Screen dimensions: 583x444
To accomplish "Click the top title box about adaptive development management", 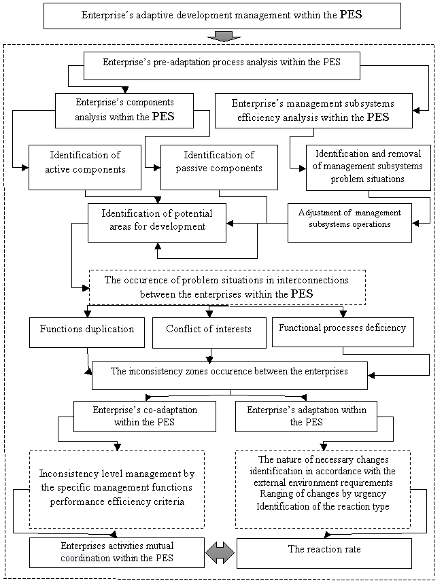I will coord(222,14).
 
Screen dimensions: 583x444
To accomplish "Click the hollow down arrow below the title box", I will coord(222,36).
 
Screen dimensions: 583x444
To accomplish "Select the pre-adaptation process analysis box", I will coord(221,65).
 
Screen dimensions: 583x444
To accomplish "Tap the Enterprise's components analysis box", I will coord(124,110).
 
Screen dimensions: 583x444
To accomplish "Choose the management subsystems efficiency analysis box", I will coord(313,110).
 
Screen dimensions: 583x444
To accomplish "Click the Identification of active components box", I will coord(85,166).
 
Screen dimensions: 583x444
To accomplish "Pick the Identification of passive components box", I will coord(219,166).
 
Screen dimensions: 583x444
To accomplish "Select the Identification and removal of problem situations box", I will coord(368,168).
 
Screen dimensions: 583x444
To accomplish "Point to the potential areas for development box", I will coord(157,222).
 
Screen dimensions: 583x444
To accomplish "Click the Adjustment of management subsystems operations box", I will coord(349,222).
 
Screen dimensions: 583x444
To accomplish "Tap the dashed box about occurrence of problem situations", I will coord(227,287).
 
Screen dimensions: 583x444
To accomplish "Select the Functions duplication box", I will coord(87,332).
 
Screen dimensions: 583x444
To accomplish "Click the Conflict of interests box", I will coord(209,332).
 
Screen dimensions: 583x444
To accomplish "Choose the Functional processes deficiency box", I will coord(343,332).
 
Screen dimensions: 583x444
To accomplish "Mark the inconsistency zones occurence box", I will coord(229,375).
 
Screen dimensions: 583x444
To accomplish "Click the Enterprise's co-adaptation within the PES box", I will coord(144,416).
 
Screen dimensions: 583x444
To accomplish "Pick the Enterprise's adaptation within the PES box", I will coord(306,416).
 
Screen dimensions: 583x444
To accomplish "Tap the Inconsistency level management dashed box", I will coord(117,489).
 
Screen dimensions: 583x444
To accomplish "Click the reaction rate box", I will coord(324,553).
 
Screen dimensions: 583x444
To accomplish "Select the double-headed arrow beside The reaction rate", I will coord(220,553).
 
